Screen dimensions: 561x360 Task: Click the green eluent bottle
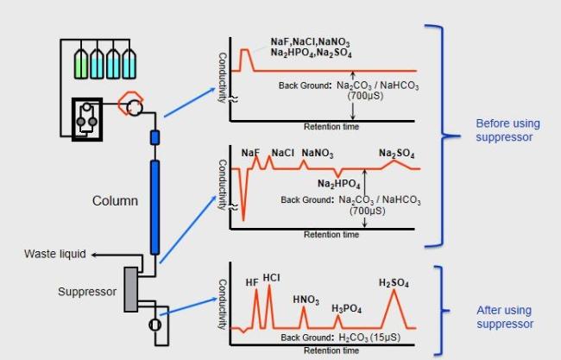81,64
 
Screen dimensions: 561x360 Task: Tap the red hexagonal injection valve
130,104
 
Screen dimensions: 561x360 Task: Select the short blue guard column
154,138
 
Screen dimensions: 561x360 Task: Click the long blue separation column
154,207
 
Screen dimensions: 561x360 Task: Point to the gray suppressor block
131,289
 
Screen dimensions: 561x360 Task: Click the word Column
115,201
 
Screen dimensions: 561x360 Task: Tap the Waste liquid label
55,254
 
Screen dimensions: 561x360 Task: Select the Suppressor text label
87,292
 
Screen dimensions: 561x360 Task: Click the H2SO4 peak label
394,283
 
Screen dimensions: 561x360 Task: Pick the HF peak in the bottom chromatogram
256,307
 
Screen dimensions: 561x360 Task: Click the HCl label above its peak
271,278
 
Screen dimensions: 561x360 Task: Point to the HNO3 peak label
306,300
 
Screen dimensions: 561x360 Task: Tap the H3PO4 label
346,308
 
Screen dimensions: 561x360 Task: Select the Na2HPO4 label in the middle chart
338,184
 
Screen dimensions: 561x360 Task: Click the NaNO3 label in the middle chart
318,153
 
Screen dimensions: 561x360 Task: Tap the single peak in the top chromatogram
245,60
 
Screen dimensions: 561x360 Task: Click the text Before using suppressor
507,130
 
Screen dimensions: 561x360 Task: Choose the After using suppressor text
505,317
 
